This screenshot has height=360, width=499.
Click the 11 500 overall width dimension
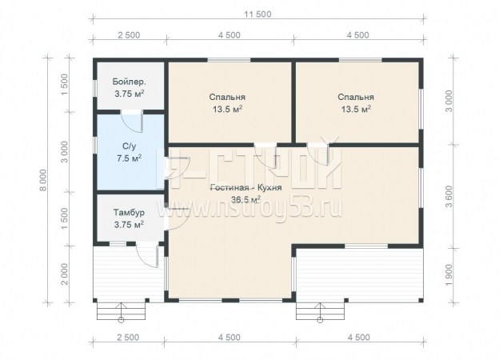pyautogui.click(x=257, y=14)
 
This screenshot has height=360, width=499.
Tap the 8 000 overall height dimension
pyautogui.click(x=43, y=180)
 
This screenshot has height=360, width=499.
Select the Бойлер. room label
pyautogui.click(x=130, y=82)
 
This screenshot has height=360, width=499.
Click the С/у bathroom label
pyautogui.click(x=130, y=146)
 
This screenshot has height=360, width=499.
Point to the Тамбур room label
pyautogui.click(x=129, y=212)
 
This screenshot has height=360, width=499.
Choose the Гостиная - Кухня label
pyautogui.click(x=246, y=187)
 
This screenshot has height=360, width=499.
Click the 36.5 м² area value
pyautogui.click(x=246, y=199)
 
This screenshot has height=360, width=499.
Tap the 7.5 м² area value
pyautogui.click(x=130, y=158)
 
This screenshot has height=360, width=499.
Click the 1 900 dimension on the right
pyautogui.click(x=449, y=274)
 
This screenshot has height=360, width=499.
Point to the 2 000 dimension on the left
pyautogui.click(x=64, y=274)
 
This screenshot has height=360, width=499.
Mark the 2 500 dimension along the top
pyautogui.click(x=129, y=35)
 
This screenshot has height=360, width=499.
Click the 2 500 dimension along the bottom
pyautogui.click(x=128, y=338)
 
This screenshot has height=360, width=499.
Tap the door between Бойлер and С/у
pyautogui.click(x=132, y=121)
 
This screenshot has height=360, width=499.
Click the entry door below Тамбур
pyautogui.click(x=148, y=255)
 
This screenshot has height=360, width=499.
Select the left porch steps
pyautogui.click(x=121, y=311)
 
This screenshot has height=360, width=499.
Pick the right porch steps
pyautogui.click(x=320, y=311)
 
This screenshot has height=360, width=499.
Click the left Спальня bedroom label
pyautogui.click(x=227, y=97)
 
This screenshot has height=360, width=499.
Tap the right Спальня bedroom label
pyautogui.click(x=356, y=97)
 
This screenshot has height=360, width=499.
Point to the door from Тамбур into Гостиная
pyautogui.click(x=177, y=218)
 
